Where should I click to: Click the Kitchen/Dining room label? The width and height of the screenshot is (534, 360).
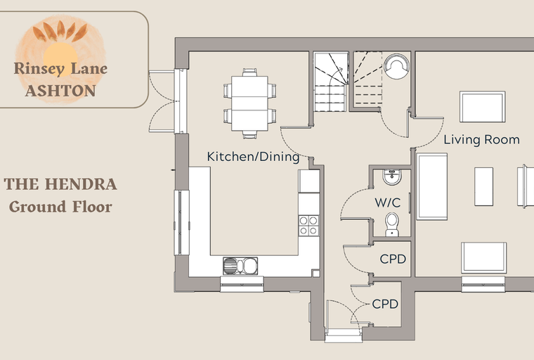tap(253, 157)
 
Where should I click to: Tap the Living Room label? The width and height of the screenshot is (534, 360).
tap(481, 140)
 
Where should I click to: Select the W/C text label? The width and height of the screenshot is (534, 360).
tap(388, 202)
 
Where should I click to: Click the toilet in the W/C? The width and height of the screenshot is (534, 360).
tap(392, 224)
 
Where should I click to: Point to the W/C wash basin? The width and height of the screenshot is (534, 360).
tap(392, 177)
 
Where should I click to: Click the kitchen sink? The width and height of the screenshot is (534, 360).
tap(240, 266)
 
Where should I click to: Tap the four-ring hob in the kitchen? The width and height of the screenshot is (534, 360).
tap(308, 226)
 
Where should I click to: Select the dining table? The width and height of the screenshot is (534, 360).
tap(249, 103)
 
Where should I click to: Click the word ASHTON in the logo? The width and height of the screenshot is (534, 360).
tap(60, 91)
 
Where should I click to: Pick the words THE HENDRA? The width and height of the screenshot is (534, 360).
tap(60, 184)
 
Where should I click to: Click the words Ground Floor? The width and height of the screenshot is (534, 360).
tap(60, 207)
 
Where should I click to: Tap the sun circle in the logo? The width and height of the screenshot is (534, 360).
tap(60, 54)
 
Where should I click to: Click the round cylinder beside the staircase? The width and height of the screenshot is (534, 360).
tap(396, 67)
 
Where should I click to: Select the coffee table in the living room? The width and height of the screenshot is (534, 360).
tap(483, 186)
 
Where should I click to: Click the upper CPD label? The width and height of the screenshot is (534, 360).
tap(393, 259)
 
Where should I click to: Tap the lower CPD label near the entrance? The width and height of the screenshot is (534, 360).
tap(385, 304)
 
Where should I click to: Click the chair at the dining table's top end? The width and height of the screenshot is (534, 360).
tap(249, 72)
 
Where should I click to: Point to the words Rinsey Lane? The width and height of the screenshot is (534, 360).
tap(60, 69)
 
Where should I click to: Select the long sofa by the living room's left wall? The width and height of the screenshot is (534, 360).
tap(432, 186)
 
